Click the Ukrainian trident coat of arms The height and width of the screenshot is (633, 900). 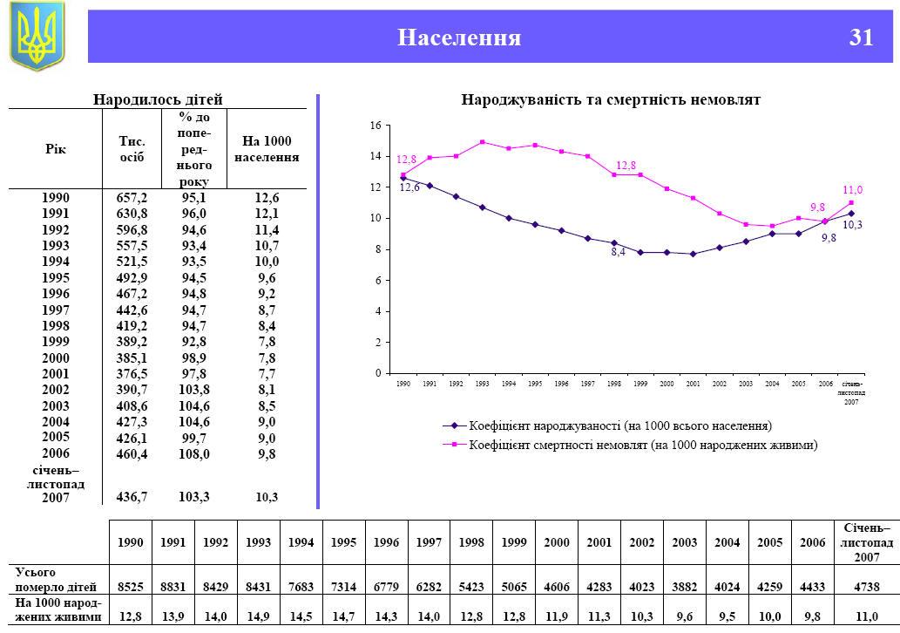click(37, 36)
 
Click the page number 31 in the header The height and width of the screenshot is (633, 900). click(861, 37)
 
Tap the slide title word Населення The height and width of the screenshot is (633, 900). click(459, 37)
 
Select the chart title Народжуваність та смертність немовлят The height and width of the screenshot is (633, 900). click(611, 100)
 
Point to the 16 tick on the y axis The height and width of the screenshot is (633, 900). click(376, 126)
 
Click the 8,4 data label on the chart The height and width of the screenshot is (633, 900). click(617, 252)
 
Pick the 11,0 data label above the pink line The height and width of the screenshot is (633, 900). click(852, 190)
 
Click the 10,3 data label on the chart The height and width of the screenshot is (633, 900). click(852, 225)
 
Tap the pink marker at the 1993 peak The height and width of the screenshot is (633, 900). click(483, 142)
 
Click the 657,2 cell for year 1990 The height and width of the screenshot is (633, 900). click(132, 198)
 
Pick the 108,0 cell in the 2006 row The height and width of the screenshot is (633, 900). click(193, 454)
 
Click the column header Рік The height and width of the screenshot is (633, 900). click(55, 149)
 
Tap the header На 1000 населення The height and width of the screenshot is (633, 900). click(267, 149)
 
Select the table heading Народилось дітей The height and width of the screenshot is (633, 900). click(158, 100)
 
